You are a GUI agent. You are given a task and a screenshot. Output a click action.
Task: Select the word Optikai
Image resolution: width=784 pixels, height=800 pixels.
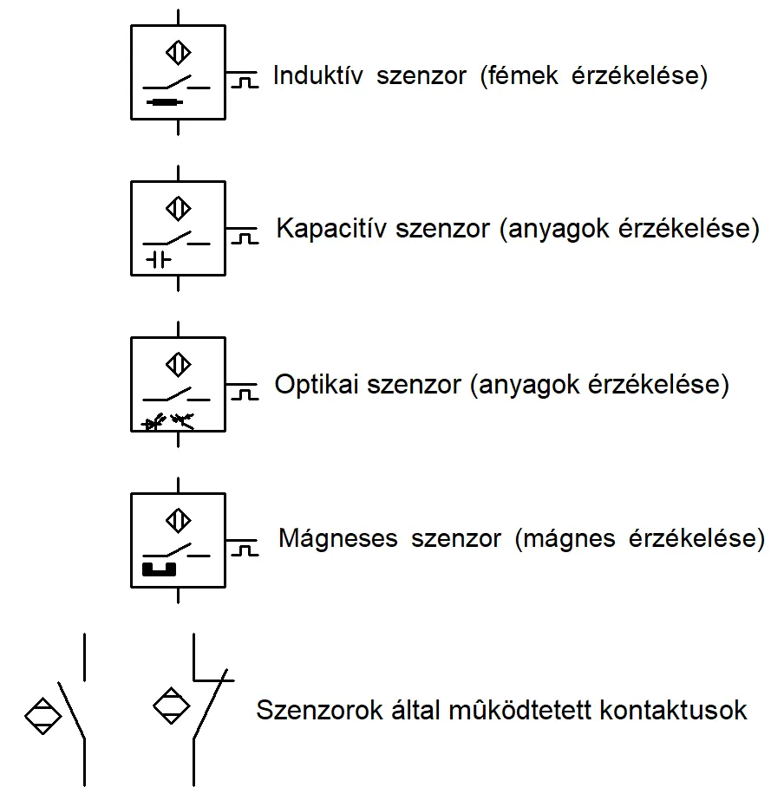(317, 385)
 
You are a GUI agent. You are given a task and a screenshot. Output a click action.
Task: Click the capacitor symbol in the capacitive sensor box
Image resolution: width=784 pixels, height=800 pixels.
(159, 259)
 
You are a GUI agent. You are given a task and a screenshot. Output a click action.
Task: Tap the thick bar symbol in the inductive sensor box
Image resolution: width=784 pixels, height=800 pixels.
(164, 103)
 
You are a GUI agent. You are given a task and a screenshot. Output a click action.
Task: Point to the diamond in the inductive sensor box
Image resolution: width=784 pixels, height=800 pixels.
(178, 53)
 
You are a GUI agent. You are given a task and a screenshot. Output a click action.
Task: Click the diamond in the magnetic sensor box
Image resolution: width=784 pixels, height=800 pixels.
(178, 520)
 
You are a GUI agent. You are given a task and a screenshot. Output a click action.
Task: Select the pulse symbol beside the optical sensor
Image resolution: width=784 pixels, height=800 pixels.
(245, 393)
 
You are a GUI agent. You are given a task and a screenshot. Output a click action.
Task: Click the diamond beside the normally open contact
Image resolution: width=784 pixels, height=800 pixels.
(42, 715)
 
